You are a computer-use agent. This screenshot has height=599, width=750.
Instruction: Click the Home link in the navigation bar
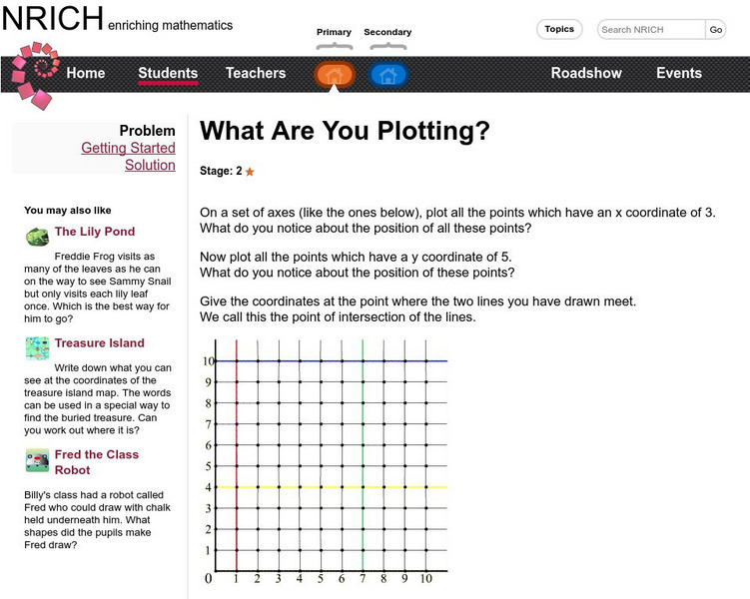[85, 73]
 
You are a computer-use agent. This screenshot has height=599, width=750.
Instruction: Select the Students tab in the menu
[168, 73]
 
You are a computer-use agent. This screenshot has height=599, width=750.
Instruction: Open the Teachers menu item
[256, 73]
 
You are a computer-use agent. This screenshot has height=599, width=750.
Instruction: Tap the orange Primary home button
[335, 74]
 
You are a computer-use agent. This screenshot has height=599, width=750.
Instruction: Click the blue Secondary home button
[388, 74]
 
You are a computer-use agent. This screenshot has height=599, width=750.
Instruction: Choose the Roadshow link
[586, 73]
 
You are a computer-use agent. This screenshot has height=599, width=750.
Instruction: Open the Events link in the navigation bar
[679, 73]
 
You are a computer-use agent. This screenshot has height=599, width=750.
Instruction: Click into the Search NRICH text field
[651, 30]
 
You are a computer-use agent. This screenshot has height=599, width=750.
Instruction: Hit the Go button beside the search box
[716, 30]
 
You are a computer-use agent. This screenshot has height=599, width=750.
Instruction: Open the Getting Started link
[128, 148]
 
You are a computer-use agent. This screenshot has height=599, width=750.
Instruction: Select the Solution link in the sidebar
[150, 165]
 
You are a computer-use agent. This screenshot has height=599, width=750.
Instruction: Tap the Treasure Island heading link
[100, 343]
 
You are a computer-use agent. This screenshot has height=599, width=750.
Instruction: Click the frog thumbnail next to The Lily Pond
[37, 237]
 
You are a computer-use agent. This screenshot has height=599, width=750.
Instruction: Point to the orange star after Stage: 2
[250, 172]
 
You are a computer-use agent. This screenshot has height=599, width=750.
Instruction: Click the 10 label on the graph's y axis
[210, 360]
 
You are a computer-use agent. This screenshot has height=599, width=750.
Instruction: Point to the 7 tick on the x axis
[363, 578]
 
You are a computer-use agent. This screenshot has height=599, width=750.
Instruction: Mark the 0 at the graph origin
[209, 578]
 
